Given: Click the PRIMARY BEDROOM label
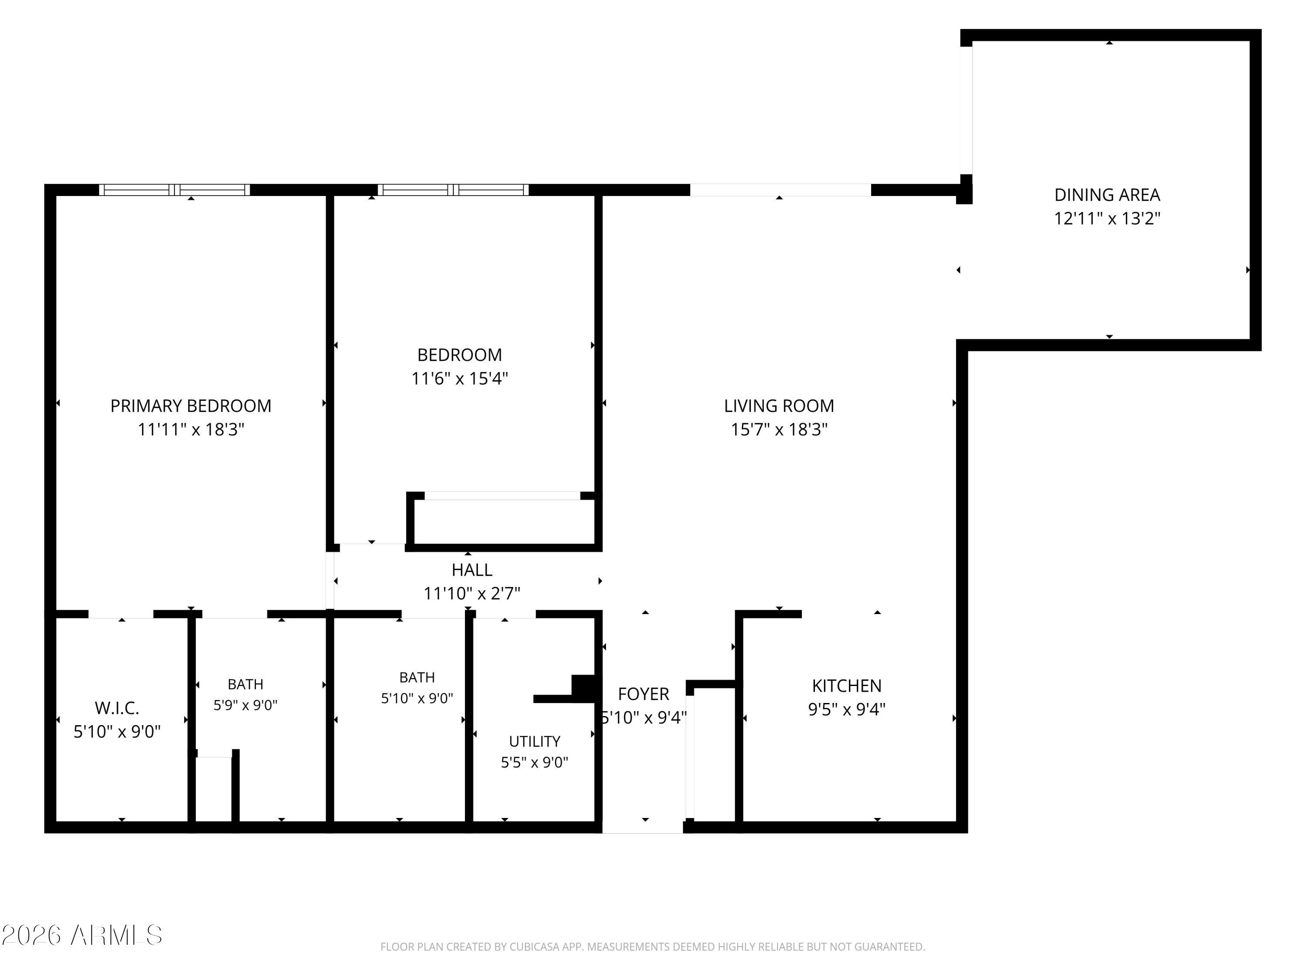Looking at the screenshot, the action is (191, 406).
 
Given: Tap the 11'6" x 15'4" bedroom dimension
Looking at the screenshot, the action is (459, 378).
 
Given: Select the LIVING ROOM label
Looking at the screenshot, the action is (779, 406).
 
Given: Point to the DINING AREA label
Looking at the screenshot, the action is (1107, 195).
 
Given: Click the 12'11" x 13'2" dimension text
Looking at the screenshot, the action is (1107, 219).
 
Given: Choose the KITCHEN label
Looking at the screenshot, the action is (847, 686).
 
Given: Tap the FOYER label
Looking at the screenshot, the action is (643, 694).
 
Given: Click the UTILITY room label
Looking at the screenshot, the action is (534, 741).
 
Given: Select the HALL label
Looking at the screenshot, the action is (472, 570).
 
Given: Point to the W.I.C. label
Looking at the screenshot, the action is (117, 708).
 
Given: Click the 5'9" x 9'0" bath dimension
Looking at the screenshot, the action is (245, 705).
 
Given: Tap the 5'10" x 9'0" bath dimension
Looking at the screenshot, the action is (417, 698).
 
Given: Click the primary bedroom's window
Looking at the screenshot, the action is (174, 189).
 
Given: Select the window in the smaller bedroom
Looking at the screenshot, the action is (453, 189).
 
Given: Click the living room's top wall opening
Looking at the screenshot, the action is (781, 189).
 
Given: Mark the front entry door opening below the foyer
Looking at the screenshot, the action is (643, 827).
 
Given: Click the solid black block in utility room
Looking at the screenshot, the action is (583, 688).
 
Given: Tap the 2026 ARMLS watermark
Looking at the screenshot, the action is (81, 935).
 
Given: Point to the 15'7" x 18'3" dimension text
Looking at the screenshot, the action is (779, 429).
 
